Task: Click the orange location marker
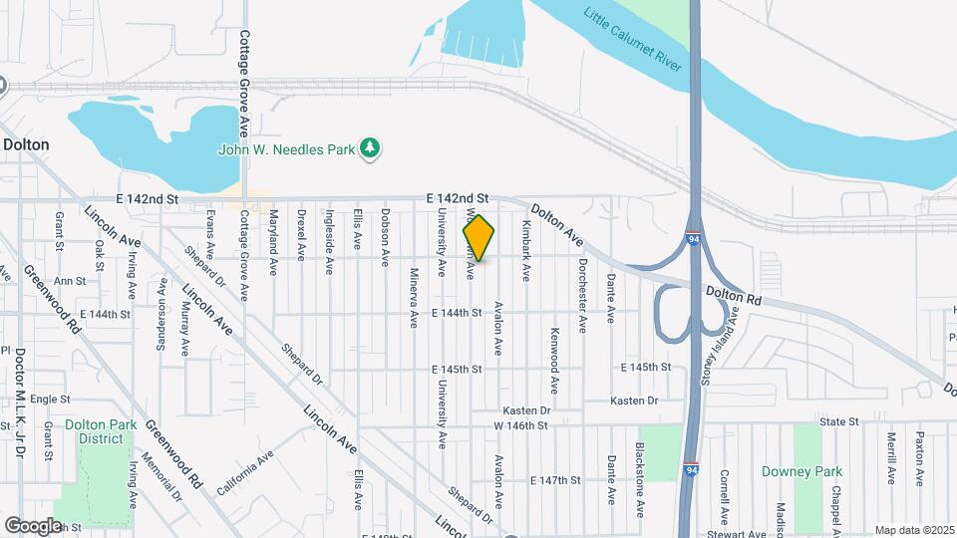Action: pyautogui.click(x=478, y=239)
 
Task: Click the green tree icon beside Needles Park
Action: pyautogui.click(x=371, y=148)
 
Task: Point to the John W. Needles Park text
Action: pyautogui.click(x=287, y=149)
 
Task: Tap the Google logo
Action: pyautogui.click(x=33, y=525)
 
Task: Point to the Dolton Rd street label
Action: pyautogui.click(x=734, y=296)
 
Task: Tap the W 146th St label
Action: pyautogui.click(x=521, y=425)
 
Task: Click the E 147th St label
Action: pyautogui.click(x=555, y=480)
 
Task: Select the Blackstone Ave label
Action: pyautogui.click(x=639, y=473)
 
